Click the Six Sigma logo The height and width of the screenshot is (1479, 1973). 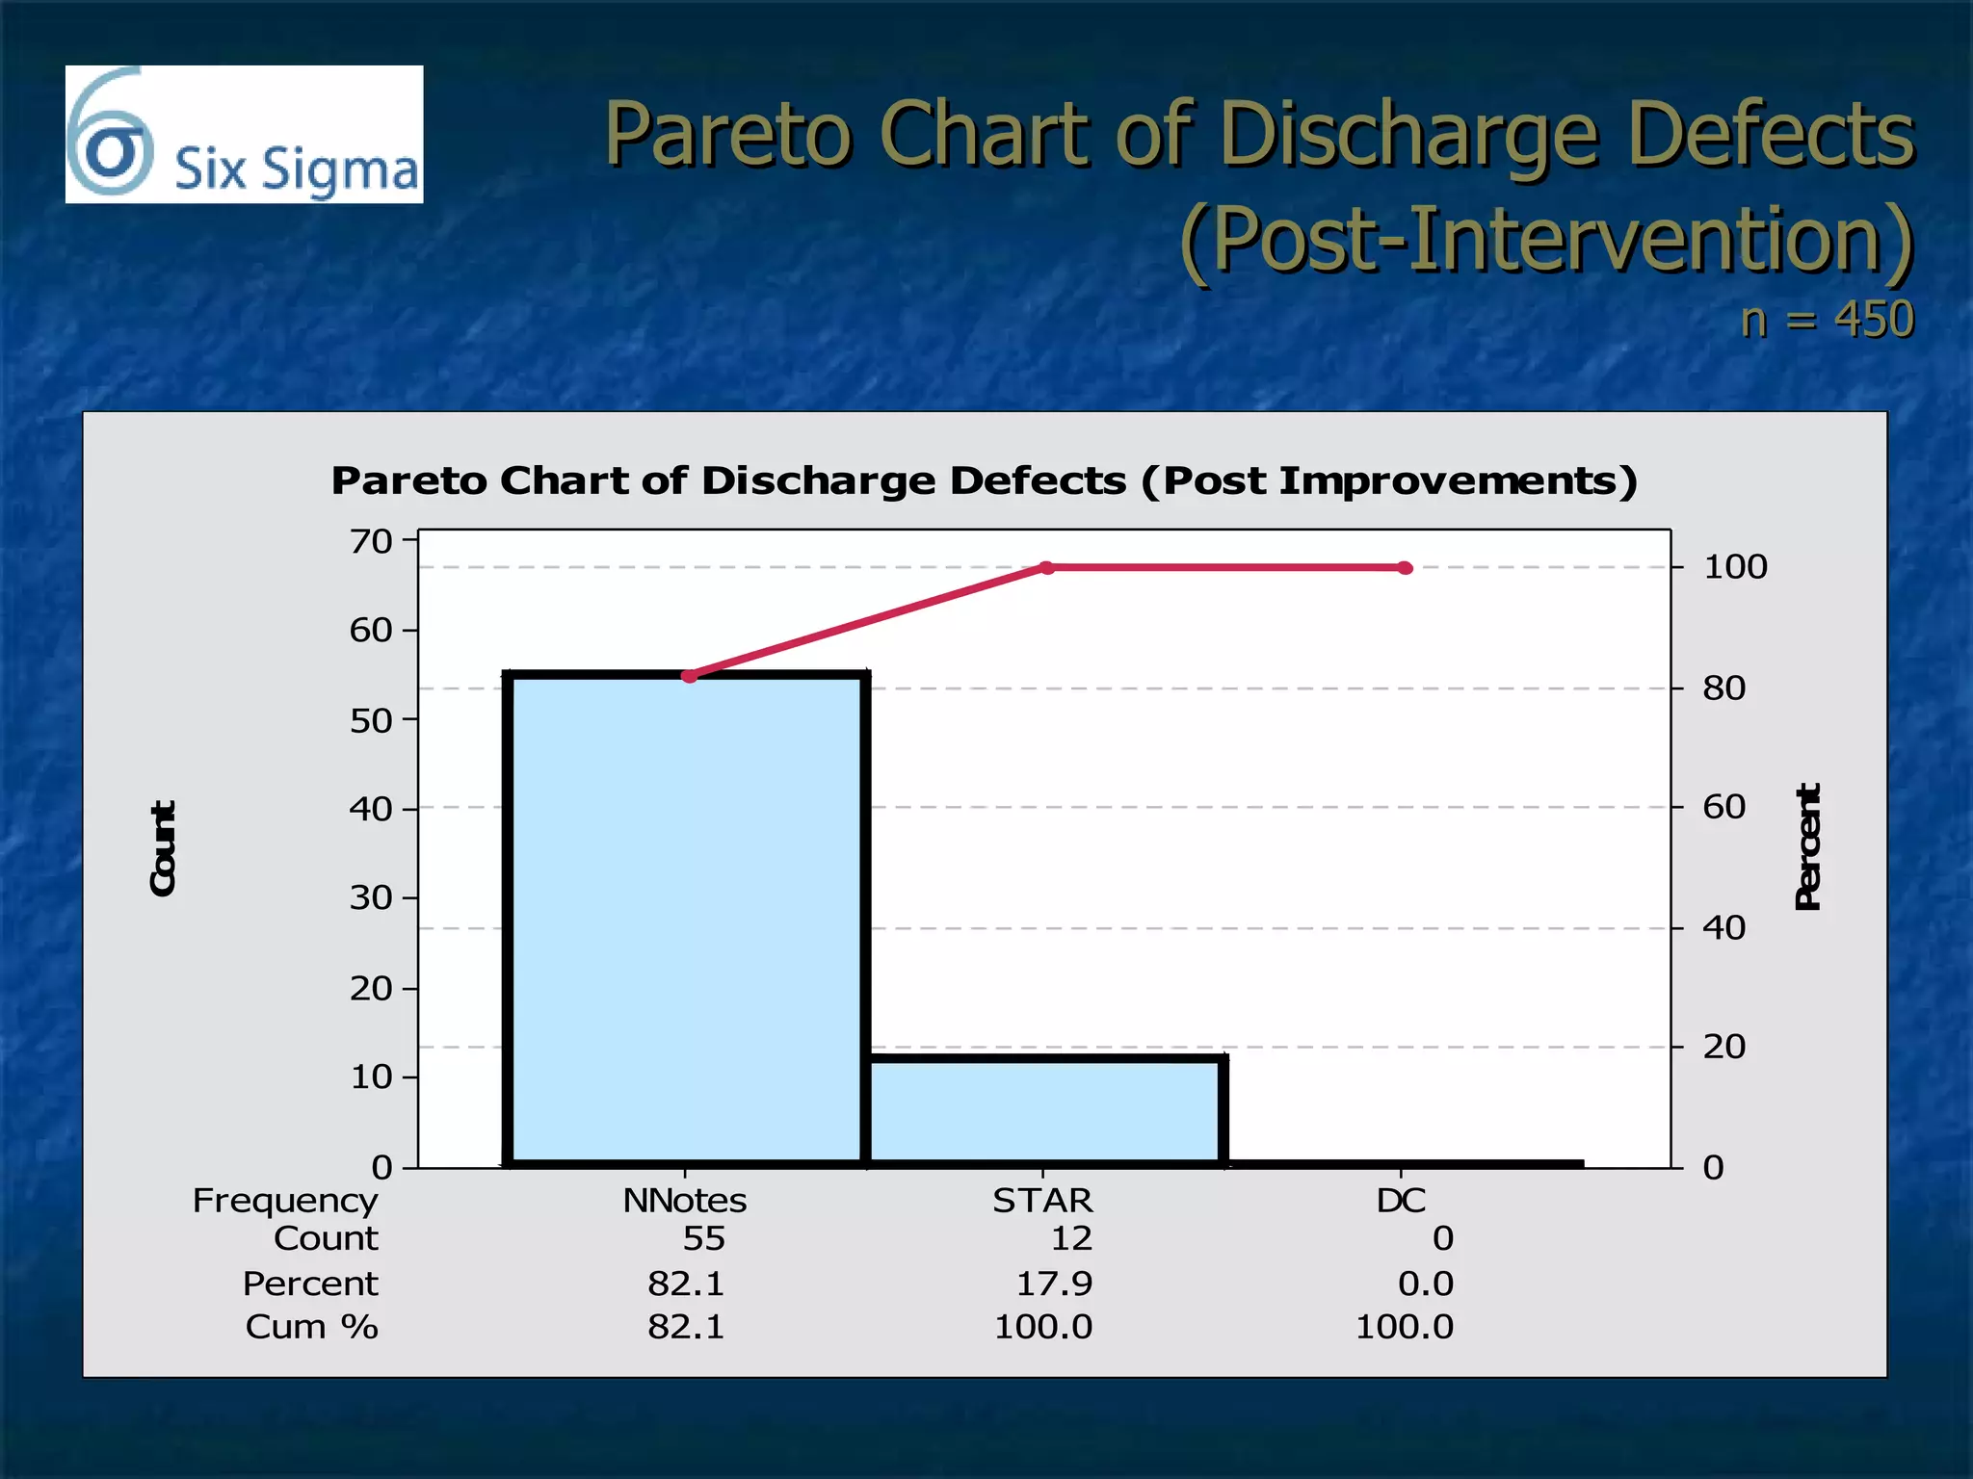244,135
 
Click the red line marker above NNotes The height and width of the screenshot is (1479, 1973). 689,676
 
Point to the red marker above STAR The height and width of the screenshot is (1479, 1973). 1048,567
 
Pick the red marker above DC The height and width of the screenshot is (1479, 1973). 1406,568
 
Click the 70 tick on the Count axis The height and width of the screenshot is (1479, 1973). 371,542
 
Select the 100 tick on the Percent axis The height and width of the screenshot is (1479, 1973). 1735,567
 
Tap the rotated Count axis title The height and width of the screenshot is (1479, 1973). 164,848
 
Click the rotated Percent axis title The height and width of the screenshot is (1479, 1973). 1808,847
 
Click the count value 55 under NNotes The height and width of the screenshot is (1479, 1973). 703,1238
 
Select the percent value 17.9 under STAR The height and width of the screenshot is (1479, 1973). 1054,1284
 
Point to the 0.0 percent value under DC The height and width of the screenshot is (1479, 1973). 1425,1284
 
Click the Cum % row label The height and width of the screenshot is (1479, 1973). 311,1327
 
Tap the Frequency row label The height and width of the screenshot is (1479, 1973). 285,1201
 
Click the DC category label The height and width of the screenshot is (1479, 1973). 1401,1201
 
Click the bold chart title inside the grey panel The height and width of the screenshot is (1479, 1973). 984,480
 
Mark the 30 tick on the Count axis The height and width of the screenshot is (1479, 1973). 371,898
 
